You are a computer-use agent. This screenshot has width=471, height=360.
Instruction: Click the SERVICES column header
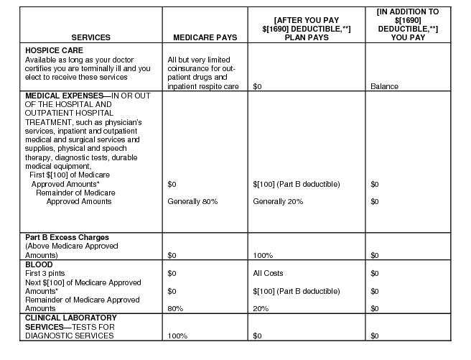coord(90,37)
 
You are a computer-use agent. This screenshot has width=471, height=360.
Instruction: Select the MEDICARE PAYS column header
coord(205,37)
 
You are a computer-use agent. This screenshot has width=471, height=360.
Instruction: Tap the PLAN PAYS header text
coord(307,37)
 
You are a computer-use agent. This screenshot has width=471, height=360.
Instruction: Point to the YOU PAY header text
coord(406,37)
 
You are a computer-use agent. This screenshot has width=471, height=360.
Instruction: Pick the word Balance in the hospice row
coord(384,86)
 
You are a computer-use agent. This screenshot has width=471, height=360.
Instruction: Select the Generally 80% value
coord(192,202)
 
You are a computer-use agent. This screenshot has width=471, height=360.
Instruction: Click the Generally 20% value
coord(278,202)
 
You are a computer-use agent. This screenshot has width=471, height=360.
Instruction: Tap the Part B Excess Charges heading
coord(67,237)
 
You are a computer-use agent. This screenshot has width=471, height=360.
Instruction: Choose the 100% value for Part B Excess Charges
coord(263,255)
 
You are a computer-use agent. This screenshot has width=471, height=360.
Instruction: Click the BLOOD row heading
coord(38,264)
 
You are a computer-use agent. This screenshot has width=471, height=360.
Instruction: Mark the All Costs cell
coord(269,273)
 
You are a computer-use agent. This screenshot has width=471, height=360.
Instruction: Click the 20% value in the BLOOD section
coord(261,308)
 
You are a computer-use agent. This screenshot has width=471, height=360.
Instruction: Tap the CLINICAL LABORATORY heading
coord(71,318)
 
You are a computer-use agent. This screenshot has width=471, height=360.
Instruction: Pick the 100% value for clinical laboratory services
coord(177,336)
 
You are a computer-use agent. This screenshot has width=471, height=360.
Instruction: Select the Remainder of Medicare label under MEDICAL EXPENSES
coord(76,193)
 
